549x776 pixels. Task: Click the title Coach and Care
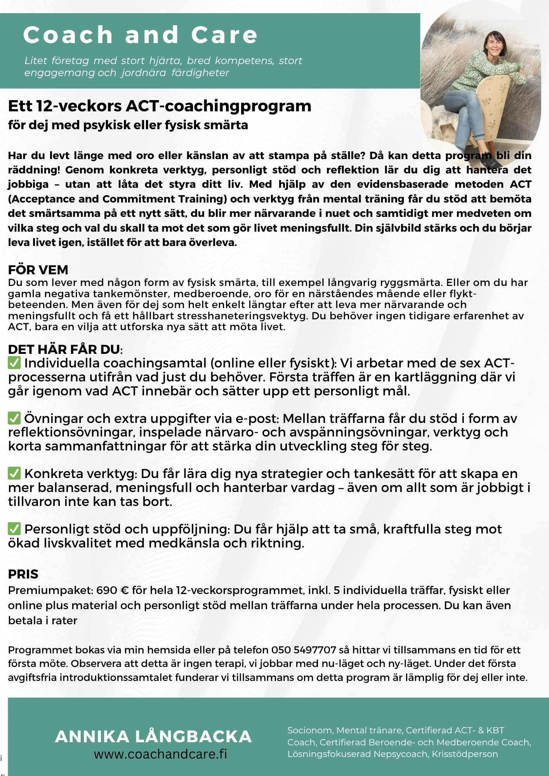pyautogui.click(x=140, y=35)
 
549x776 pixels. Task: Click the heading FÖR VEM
pyautogui.click(x=38, y=270)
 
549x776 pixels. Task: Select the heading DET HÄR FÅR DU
pyautogui.click(x=64, y=349)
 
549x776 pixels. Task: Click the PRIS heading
pyautogui.click(x=23, y=574)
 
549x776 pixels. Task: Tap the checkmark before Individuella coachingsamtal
pyautogui.click(x=14, y=363)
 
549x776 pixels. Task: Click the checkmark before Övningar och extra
pyautogui.click(x=14, y=418)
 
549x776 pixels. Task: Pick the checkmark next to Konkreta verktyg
pyautogui.click(x=14, y=473)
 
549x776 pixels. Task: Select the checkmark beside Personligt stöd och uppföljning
pyautogui.click(x=14, y=529)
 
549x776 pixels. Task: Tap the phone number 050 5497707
pyautogui.click(x=304, y=650)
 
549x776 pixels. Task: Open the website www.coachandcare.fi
pyautogui.click(x=160, y=754)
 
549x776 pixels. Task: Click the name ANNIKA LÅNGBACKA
pyautogui.click(x=153, y=736)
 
